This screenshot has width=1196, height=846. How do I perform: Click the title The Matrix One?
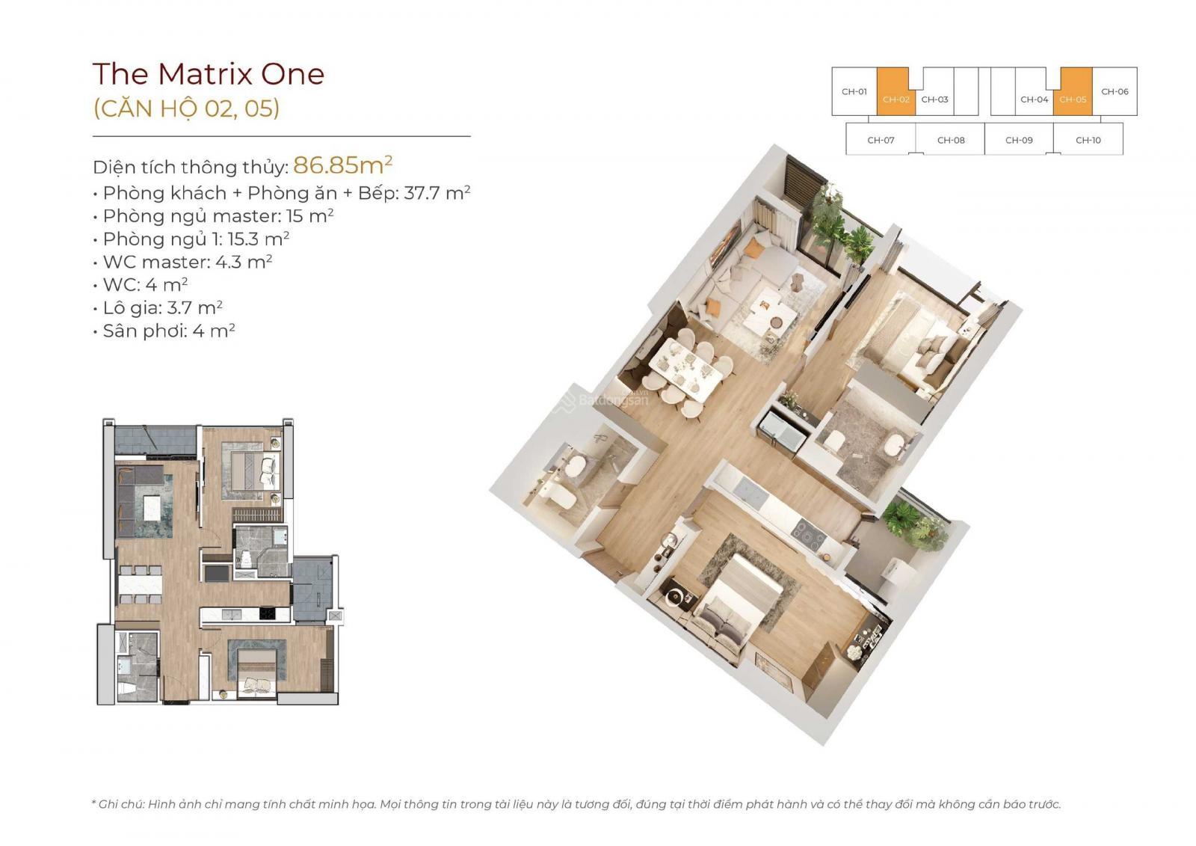209,74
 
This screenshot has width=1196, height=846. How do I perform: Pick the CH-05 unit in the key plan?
1073,91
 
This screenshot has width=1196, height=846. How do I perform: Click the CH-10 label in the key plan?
1088,140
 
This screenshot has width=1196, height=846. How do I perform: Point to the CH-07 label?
881,140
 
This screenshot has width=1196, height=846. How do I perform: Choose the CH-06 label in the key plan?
1115,91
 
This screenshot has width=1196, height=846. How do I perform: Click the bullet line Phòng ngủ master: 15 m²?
214,216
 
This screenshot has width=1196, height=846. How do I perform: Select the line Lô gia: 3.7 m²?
158,308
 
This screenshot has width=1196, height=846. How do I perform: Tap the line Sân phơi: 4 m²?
164,331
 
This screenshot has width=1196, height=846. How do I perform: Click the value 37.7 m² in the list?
437,192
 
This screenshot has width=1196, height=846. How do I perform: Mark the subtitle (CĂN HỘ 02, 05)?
186,108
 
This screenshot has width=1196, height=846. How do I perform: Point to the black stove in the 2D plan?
267,613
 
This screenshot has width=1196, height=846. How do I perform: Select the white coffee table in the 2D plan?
152,510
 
